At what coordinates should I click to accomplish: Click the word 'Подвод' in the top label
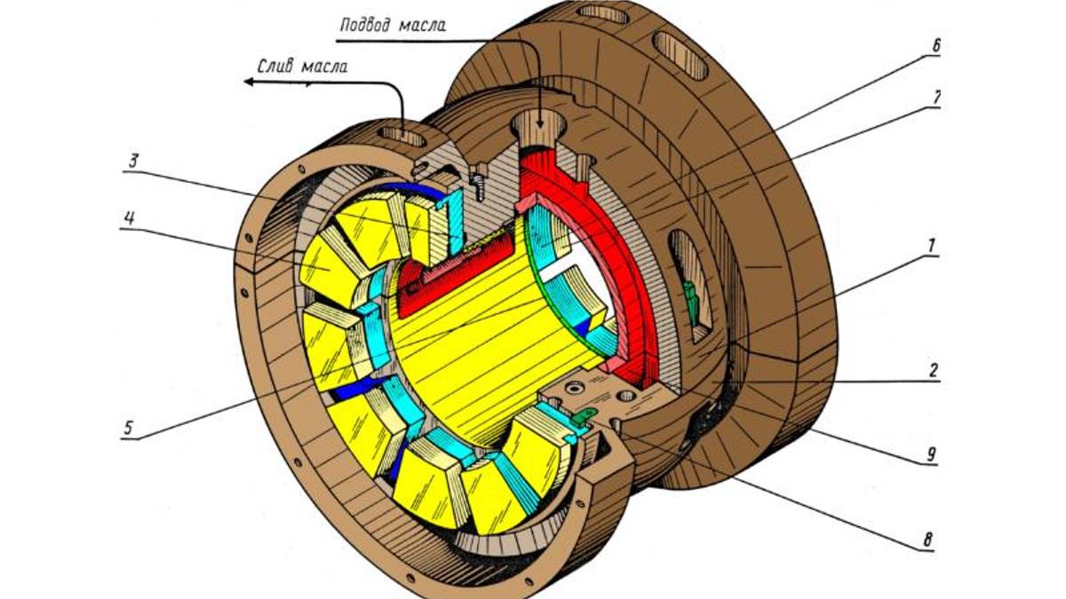[367, 24]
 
